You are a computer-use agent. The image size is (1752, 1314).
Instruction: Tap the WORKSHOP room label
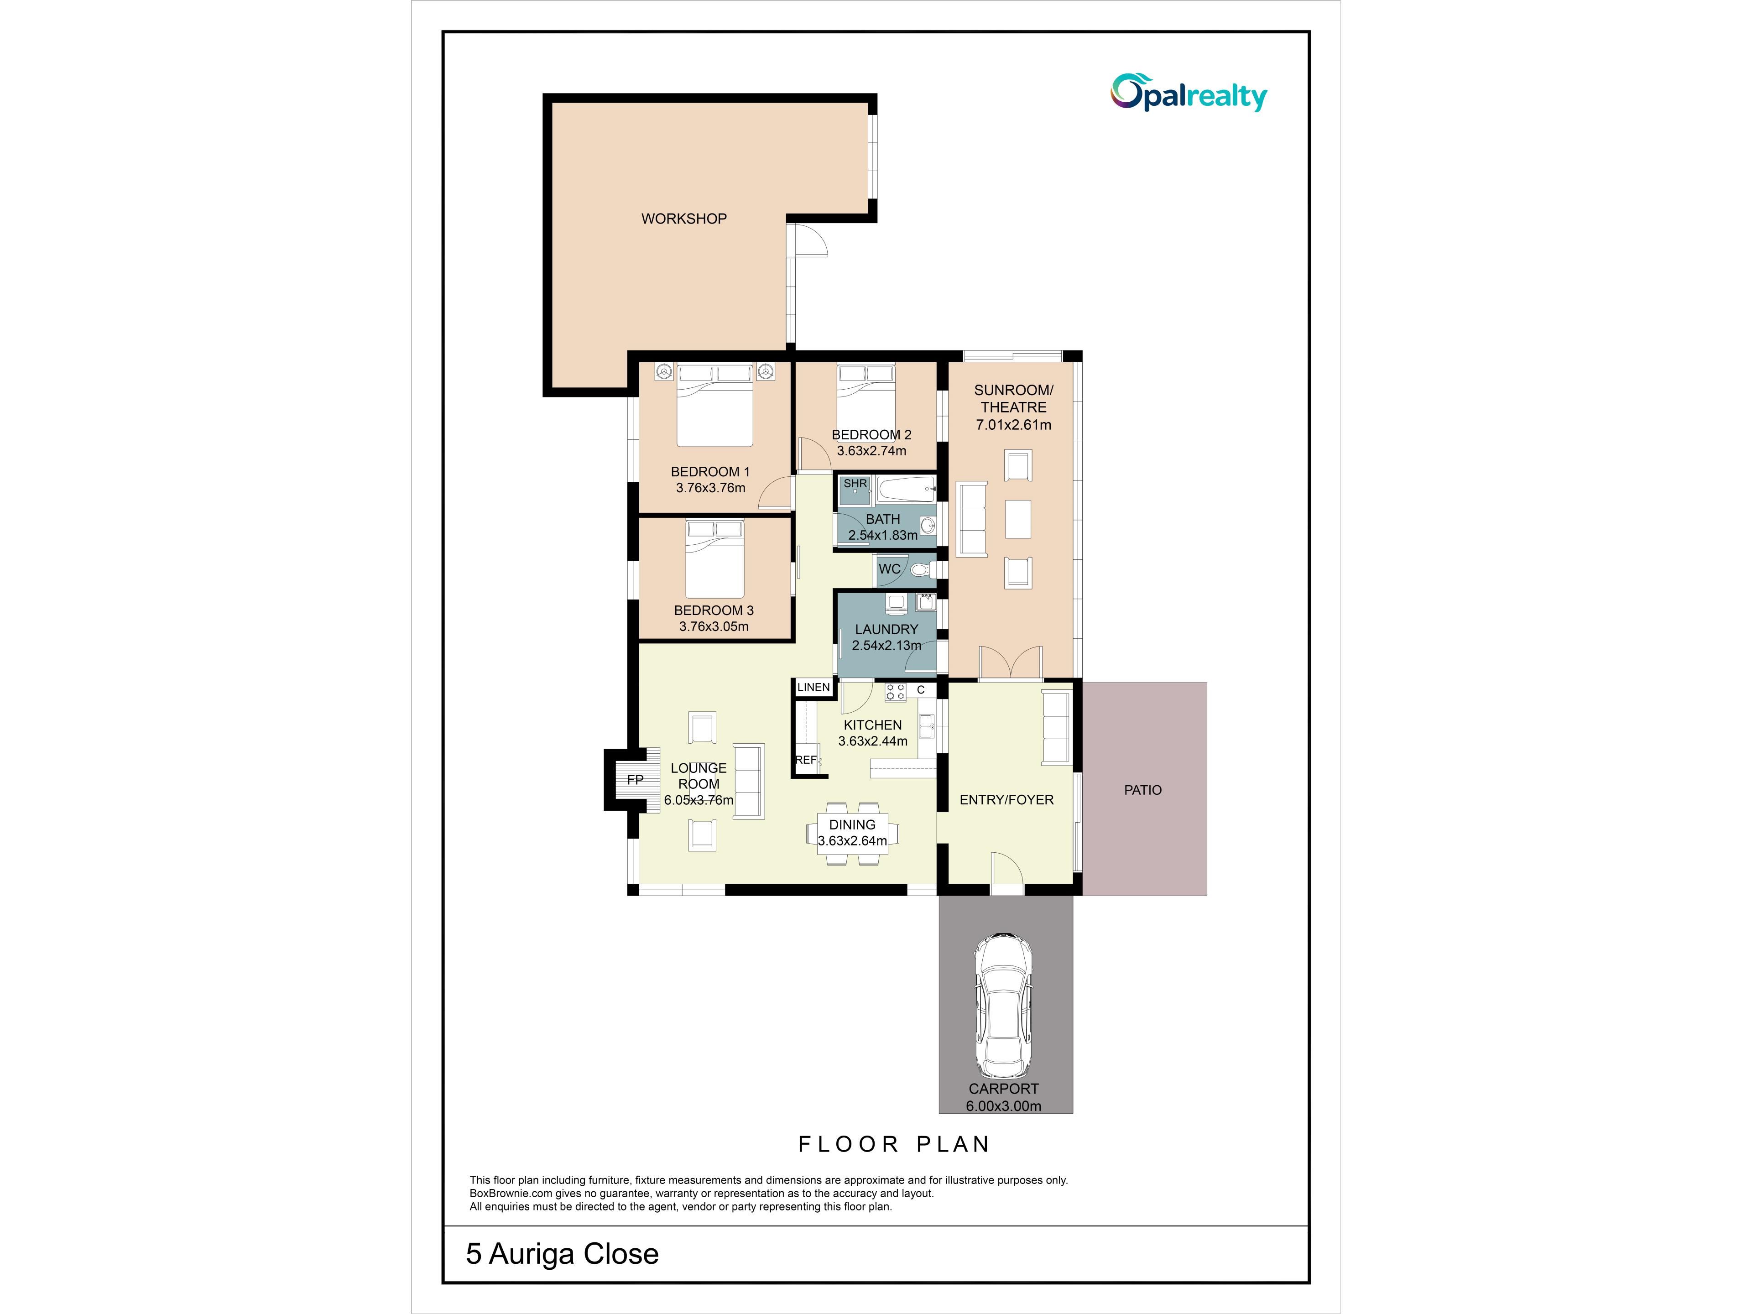(683, 219)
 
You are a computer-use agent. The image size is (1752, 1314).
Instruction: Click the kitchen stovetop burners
(895, 692)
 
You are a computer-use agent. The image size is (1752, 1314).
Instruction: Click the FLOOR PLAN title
(893, 1144)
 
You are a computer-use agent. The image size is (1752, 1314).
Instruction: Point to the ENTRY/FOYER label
(1006, 800)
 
